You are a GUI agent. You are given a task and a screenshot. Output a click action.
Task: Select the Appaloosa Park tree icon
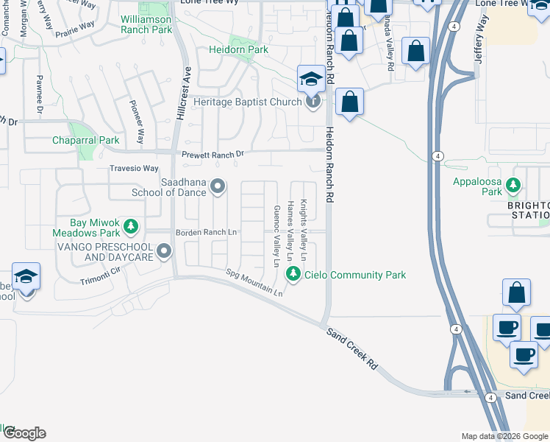[514, 185]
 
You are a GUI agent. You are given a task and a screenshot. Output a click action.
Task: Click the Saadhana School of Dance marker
[218, 186]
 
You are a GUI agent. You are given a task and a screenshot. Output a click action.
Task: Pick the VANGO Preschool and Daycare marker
[163, 253]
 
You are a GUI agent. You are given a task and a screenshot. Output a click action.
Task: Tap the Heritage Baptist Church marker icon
[313, 101]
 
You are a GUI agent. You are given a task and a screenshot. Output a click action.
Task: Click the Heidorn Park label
[238, 50]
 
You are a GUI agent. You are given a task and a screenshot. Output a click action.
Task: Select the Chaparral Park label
[85, 140]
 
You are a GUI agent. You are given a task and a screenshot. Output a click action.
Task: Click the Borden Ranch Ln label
[206, 233]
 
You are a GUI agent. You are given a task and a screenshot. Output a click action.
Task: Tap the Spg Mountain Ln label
[254, 282]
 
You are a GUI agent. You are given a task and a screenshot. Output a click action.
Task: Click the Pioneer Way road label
[137, 122]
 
